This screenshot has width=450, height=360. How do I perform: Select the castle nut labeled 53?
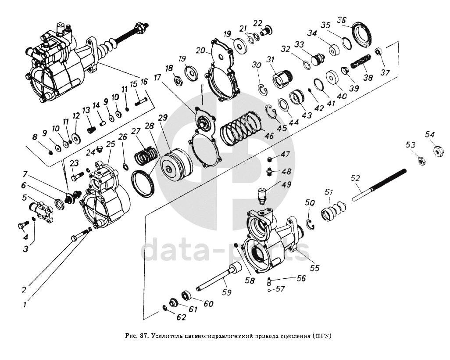(x=421, y=161)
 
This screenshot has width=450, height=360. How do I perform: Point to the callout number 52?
(x=356, y=178)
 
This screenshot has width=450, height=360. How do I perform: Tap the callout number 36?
(x=342, y=20)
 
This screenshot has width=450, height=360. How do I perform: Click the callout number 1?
(x=25, y=303)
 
